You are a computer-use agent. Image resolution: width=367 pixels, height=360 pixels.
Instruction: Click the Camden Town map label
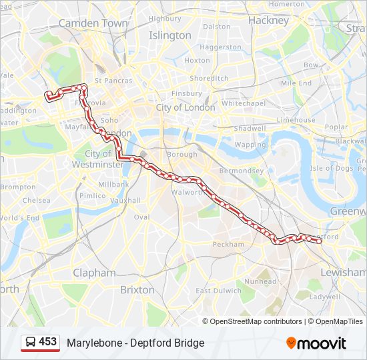tap(93, 23)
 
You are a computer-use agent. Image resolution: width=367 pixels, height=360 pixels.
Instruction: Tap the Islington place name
tap(169, 35)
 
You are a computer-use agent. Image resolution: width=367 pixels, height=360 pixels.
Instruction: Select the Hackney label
tap(268, 21)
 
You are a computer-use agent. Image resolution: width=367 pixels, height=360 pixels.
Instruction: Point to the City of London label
tap(186, 107)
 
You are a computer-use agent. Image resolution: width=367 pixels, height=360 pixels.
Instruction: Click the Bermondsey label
tap(242, 171)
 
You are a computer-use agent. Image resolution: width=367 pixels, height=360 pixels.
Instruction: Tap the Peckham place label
tap(229, 245)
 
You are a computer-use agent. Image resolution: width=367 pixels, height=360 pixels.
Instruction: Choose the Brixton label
tap(137, 290)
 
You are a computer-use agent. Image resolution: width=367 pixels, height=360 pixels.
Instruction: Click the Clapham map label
tap(95, 273)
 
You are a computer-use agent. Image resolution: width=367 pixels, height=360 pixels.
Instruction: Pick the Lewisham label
tap(344, 273)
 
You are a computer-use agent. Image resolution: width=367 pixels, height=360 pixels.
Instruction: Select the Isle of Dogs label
tap(332, 168)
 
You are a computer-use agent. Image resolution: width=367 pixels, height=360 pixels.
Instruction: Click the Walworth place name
tap(188, 192)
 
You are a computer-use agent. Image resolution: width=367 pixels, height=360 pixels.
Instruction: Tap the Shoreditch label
tap(210, 78)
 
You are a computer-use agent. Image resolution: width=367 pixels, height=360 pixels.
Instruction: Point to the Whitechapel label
tap(244, 104)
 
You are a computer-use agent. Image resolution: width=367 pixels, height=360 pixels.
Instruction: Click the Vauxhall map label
tap(125, 200)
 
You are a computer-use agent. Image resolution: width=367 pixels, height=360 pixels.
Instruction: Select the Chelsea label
tap(36, 200)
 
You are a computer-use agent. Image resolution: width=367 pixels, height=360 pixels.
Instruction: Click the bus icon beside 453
tap(30, 343)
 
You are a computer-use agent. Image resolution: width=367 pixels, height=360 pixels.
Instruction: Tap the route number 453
tap(48, 342)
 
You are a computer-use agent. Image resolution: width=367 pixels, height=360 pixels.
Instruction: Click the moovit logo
tap(316, 343)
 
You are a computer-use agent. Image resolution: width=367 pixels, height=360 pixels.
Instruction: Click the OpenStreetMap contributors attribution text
tap(256, 321)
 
